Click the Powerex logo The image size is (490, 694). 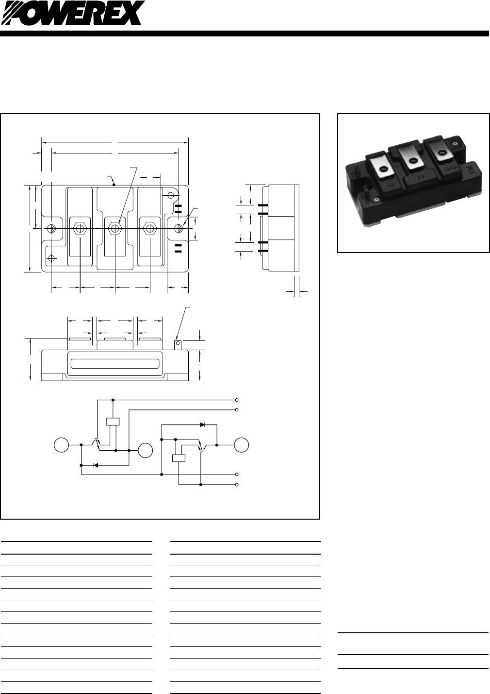point(73,13)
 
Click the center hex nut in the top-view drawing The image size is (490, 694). point(115,228)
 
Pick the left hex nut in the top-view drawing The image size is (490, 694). point(79,228)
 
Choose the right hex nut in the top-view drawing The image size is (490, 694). point(149,228)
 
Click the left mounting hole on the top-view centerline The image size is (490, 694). point(52,228)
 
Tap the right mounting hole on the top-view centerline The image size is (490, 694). point(179,228)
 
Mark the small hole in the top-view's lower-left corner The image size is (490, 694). point(52,257)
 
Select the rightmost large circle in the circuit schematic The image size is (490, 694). point(242,444)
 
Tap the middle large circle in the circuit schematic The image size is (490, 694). point(145,451)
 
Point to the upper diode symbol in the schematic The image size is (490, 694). point(202,424)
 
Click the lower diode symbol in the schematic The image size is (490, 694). point(96,465)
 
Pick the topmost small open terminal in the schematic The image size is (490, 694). point(237,400)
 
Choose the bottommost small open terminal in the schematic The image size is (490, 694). point(237,485)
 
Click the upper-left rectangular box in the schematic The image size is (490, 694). point(113,421)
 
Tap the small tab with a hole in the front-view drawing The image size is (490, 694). point(178,345)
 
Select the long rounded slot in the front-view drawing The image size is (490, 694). point(115,364)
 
